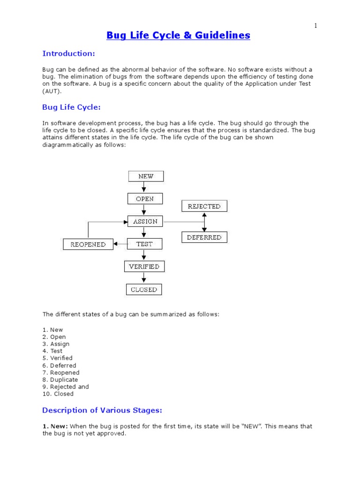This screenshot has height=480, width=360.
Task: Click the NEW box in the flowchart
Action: click(145, 176)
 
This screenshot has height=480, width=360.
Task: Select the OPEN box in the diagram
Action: click(145, 199)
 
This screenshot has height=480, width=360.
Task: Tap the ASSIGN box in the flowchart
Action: click(145, 221)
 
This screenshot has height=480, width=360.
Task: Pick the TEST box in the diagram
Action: click(145, 244)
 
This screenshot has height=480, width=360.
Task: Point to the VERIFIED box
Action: click(144, 266)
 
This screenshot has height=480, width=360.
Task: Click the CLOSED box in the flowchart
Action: click(144, 289)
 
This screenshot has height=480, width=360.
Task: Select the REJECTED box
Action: click(204, 206)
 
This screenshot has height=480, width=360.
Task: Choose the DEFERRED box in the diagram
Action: click(204, 237)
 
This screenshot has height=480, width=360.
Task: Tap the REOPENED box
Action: click(88, 244)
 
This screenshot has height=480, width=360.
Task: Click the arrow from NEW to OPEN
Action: click(145, 187)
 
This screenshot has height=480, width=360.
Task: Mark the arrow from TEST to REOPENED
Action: click(121, 244)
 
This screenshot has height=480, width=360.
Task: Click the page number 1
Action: click(315, 26)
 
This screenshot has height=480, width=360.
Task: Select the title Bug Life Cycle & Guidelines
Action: click(178, 36)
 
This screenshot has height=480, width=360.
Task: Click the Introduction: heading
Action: click(68, 53)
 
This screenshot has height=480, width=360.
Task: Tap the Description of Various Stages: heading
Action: click(102, 410)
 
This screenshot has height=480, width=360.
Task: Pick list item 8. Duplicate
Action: click(60, 380)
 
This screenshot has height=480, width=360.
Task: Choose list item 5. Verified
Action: click(57, 358)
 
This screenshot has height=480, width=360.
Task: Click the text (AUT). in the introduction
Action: click(51, 91)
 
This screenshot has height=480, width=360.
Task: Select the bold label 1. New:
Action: click(55, 427)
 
